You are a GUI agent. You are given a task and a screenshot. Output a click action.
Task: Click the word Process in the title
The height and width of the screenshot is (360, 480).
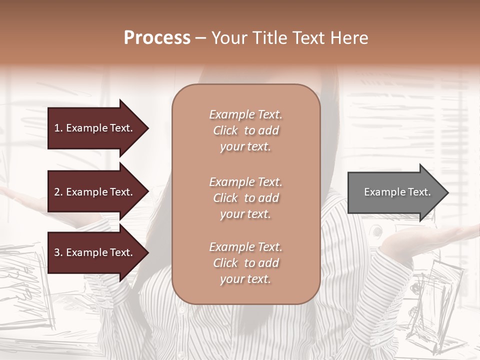[x=157, y=38]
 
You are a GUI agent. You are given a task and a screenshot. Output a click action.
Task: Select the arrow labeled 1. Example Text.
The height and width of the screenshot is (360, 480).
[x=95, y=128]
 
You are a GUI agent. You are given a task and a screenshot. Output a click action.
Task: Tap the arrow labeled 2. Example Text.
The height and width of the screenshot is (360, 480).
[x=95, y=192]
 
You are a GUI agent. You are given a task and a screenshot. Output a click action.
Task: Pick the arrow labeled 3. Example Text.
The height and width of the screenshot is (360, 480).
[x=95, y=252]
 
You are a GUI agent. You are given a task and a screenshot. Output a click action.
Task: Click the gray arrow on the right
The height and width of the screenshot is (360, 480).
[x=395, y=192]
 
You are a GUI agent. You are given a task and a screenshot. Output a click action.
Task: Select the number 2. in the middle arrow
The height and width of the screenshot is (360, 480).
[x=58, y=192]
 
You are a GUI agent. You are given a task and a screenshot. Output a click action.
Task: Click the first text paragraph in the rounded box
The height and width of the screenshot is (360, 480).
[x=245, y=130]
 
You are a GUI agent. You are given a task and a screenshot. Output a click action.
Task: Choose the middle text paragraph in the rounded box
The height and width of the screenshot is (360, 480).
[x=245, y=198]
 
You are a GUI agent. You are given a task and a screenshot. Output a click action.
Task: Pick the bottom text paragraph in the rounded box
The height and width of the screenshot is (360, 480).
[x=245, y=263]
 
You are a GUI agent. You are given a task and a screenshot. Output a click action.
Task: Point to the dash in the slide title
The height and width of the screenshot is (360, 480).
[x=201, y=38]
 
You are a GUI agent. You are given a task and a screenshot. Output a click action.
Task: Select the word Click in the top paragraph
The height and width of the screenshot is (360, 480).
[x=225, y=131]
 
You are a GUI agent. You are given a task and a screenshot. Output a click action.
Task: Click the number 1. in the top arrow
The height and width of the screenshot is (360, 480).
[x=58, y=128]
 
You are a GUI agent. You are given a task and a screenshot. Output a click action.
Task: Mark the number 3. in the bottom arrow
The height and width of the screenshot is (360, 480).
[x=58, y=252]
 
